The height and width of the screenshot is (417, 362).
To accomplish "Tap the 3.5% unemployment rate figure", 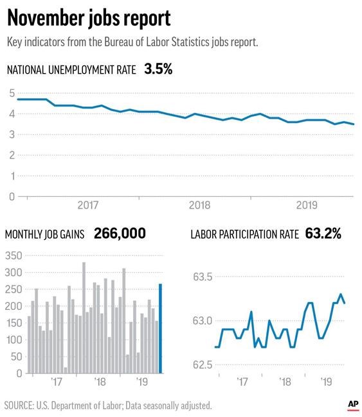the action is pos(158,69).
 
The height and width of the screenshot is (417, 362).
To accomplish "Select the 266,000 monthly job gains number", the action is pos(120,234).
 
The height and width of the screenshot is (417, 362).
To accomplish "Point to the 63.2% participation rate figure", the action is pos(323,234).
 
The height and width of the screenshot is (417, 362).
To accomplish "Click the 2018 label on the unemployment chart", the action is pos(199,205).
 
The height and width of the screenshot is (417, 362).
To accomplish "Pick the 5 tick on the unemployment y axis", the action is pos(12,93).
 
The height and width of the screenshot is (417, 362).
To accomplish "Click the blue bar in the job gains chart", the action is pos(160,328).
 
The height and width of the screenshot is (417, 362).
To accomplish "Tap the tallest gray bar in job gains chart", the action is pos(84,318).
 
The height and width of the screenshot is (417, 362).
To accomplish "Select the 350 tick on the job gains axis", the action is pos(14,255).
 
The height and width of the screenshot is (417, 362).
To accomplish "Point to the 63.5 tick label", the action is pos(203,277).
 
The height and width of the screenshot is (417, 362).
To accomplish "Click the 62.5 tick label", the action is pos(203,364).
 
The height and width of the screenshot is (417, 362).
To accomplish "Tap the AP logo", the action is pos(353,405).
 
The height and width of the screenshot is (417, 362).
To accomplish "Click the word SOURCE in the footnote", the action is pos(19,405).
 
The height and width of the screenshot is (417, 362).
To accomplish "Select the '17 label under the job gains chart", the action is pos(57,382).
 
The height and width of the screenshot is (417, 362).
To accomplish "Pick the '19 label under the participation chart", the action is pos(326,382).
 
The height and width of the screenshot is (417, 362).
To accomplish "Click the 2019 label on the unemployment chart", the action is pos(307,205).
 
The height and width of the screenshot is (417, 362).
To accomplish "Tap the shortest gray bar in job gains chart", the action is pos(66,370).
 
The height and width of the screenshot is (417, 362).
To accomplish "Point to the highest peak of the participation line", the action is pos(341,294).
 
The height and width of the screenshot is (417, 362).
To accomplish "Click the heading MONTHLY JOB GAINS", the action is pos(44,234).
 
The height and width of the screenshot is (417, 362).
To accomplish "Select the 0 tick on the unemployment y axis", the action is pos(12,196).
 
